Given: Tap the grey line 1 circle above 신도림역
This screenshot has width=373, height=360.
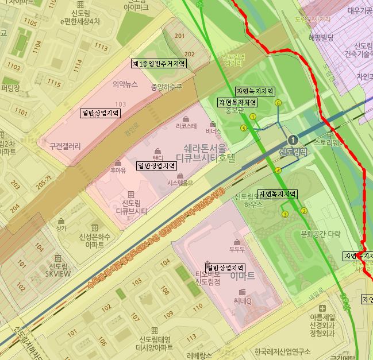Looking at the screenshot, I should coord(293,140).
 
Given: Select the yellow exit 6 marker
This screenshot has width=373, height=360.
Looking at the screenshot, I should coord(278,103).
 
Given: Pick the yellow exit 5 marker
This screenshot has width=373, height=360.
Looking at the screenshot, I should coord(244,128).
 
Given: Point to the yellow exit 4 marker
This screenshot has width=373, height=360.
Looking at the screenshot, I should coord(278,171).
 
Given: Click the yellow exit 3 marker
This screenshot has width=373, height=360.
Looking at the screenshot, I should coord(284,214).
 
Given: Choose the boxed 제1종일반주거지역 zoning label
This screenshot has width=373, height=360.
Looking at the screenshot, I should coord(158,64).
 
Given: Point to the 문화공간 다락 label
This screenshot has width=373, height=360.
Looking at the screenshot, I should coord(320,234).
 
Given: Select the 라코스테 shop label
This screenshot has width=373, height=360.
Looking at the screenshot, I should coord(186,125).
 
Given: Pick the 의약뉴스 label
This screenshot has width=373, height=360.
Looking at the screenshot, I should coord(125,84).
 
